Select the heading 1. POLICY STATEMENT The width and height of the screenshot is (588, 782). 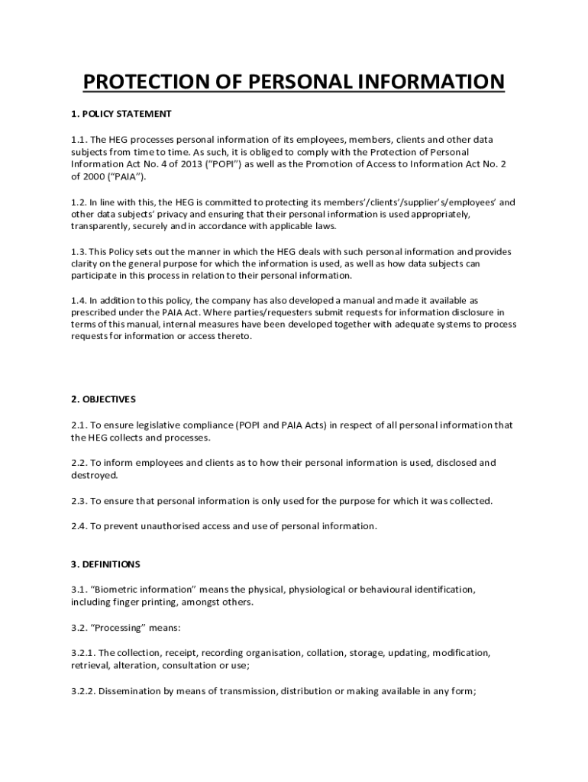(x=121, y=114)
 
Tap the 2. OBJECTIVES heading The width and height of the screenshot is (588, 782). (x=103, y=399)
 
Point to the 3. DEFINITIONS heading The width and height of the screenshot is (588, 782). (x=105, y=564)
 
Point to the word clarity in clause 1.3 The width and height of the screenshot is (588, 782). (x=86, y=264)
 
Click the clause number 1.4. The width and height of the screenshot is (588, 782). (x=80, y=301)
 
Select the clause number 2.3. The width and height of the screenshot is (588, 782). (x=80, y=501)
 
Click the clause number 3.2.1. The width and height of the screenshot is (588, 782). (x=83, y=653)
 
